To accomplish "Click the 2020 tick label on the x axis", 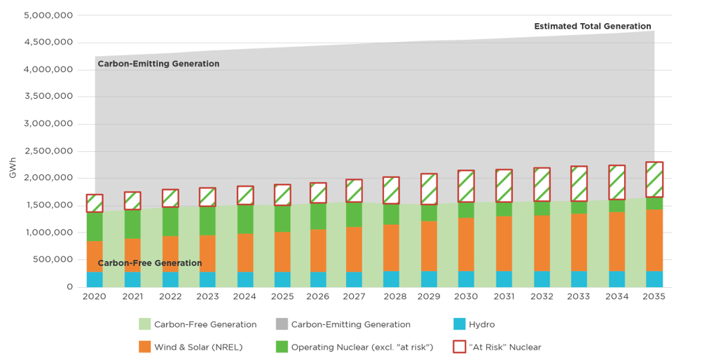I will tap(95, 296).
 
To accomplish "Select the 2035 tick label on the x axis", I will tap(654, 296).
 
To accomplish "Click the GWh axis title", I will tap(13, 169).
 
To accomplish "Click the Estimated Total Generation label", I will tap(592, 27).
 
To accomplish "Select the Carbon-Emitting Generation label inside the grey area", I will tap(158, 64).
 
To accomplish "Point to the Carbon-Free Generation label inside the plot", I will tap(149, 263).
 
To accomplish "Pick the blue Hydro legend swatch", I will tap(459, 324).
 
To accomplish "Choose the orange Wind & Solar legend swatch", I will tap(144, 347).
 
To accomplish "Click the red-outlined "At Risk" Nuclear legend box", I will tap(459, 347).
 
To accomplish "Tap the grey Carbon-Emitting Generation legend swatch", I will tap(281, 324).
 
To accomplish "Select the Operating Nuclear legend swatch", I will tap(281, 347).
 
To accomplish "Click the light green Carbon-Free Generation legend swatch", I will tap(144, 324).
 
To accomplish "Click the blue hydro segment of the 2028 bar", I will tap(392, 279).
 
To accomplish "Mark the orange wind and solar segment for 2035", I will tap(654, 240).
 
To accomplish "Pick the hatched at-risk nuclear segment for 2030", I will tap(467, 186).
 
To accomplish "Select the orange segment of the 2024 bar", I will tap(245, 252).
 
